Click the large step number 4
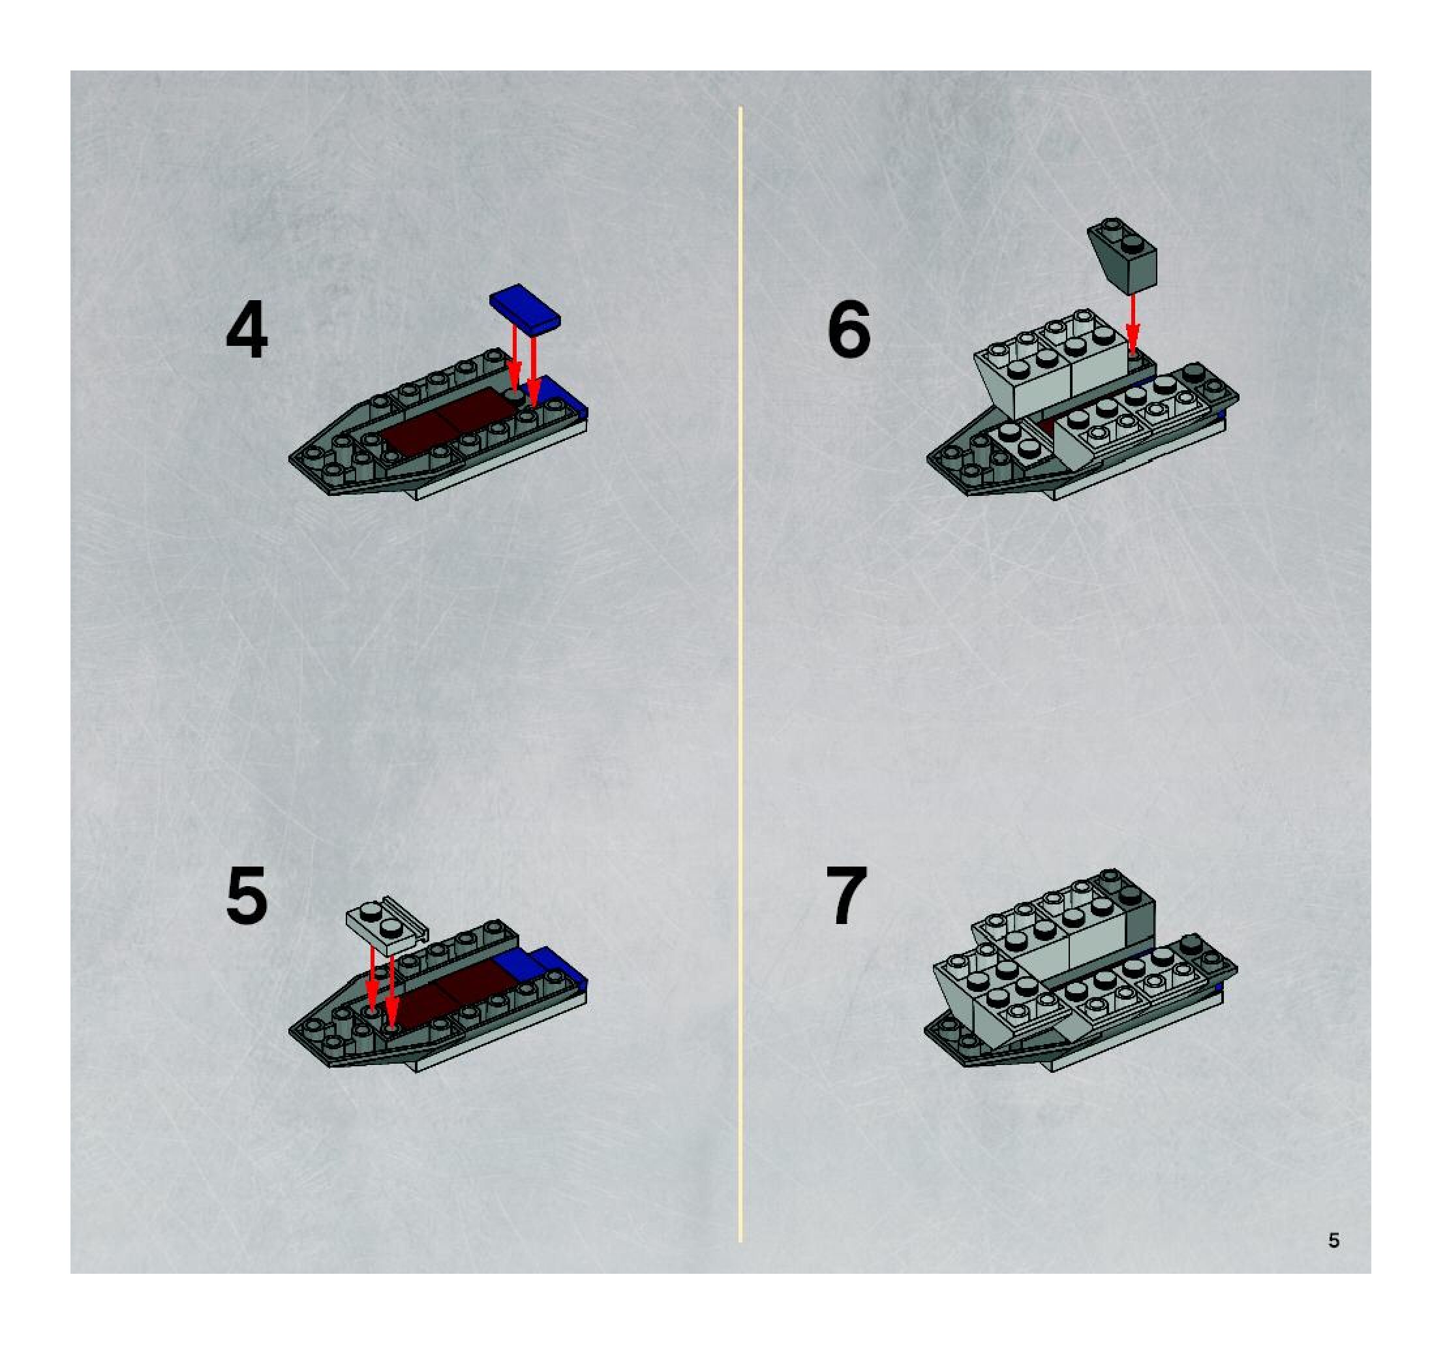point(247,331)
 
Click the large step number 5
point(247,896)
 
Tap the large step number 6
point(849,330)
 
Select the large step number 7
point(847,896)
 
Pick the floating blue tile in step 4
point(525,308)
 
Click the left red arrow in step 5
point(372,978)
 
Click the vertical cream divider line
point(740,673)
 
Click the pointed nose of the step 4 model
point(293,459)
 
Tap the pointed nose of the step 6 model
point(930,459)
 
